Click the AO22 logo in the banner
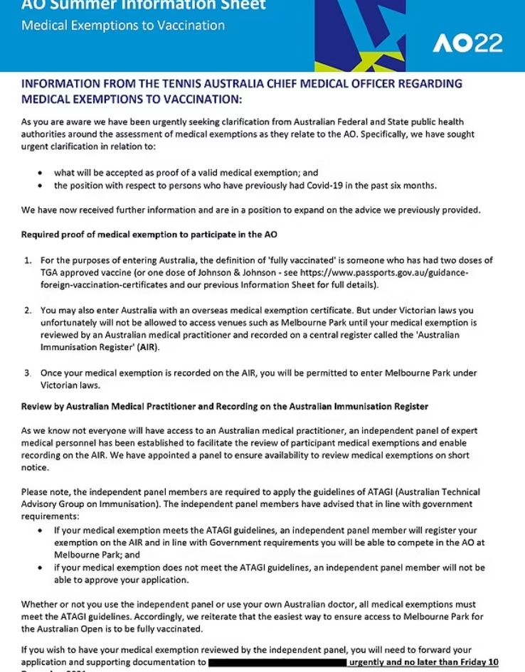point(467,43)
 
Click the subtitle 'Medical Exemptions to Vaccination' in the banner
point(123,26)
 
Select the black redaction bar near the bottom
point(277,662)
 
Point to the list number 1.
point(27,261)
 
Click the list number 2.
point(27,311)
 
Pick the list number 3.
point(27,373)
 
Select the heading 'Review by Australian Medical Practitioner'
point(225,406)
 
